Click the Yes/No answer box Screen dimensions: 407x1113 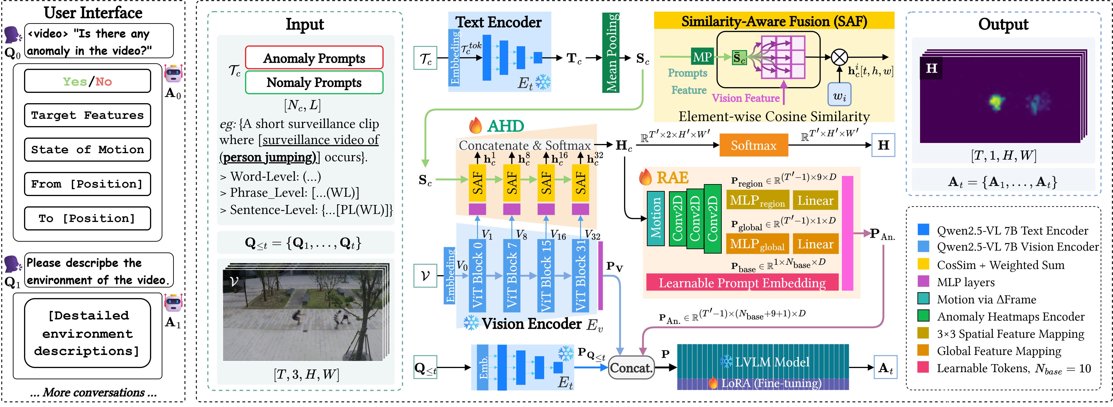[87, 81]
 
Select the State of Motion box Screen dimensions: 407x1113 [87, 150]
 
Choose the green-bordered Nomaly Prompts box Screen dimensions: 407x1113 [314, 82]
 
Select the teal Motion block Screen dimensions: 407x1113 [655, 219]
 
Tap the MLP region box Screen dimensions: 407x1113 [757, 200]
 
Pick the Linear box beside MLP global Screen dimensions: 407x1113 [815, 244]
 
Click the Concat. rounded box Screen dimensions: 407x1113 [631, 368]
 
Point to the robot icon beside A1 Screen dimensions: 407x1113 [174, 303]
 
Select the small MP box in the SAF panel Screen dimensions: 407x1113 [702, 57]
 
